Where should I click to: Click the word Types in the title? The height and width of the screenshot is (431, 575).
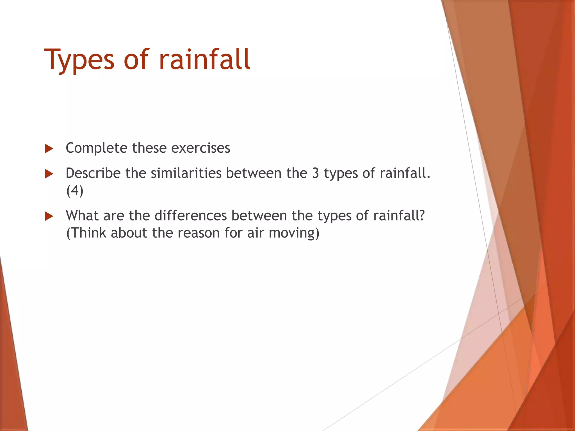[x=79, y=60]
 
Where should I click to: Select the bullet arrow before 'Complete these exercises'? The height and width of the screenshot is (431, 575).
[x=49, y=149]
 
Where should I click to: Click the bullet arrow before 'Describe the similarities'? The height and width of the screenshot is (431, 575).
[x=49, y=174]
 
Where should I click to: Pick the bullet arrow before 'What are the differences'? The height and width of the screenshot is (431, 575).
[x=49, y=216]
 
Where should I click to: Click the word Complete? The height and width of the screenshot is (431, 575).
[x=96, y=148]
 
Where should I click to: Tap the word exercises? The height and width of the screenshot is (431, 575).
[x=200, y=148]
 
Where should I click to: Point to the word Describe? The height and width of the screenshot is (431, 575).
[x=93, y=173]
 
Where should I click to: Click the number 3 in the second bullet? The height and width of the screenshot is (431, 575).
[x=316, y=173]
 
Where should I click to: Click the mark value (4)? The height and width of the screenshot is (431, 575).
[x=75, y=191]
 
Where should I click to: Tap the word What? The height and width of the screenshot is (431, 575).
[x=82, y=216]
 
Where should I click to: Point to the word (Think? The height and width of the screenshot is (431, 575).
[x=86, y=233]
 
